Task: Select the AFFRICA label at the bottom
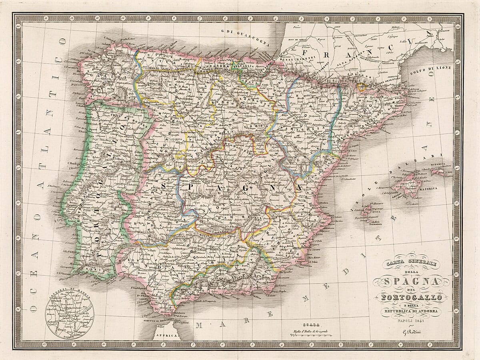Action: tap(164, 336)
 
